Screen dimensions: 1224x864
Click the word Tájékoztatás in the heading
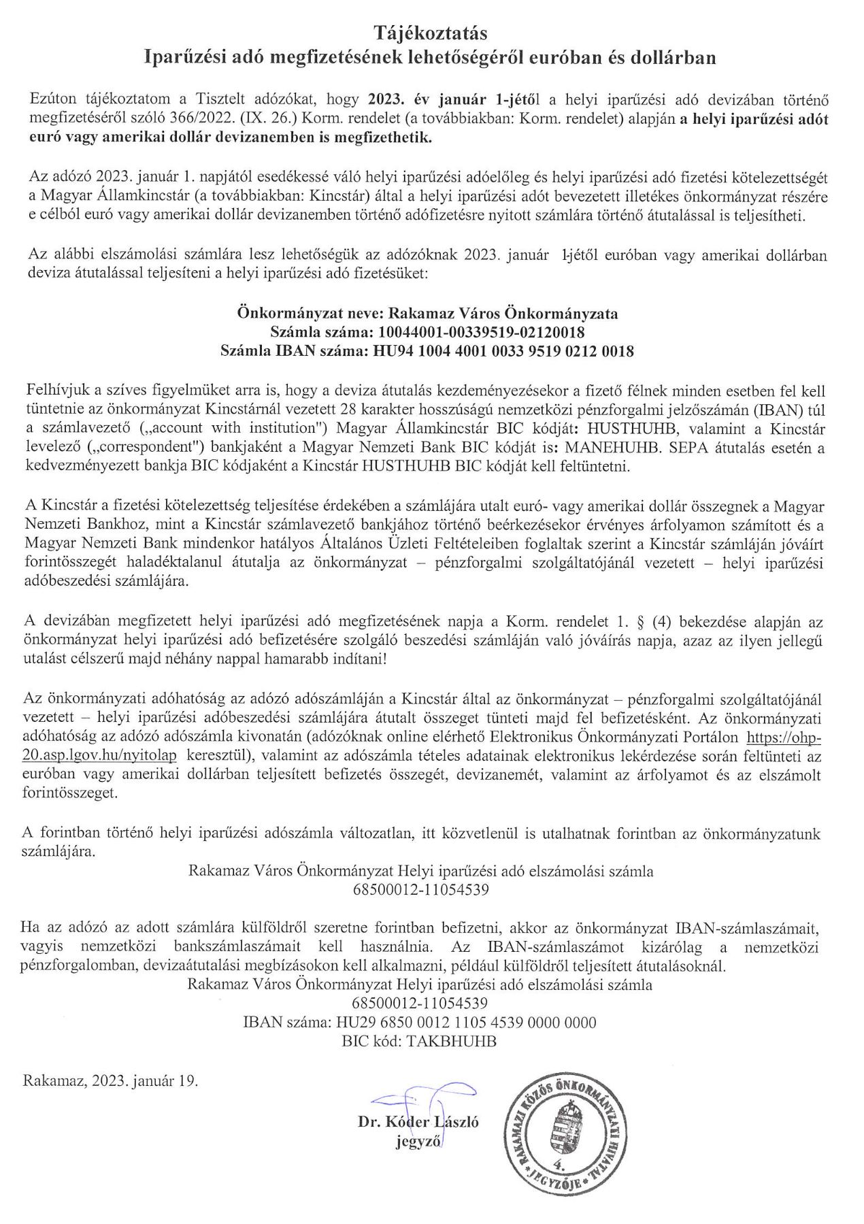(431, 32)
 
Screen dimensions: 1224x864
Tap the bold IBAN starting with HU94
(501, 351)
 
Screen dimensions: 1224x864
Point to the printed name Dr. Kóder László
(418, 1123)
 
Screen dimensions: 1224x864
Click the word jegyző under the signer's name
(418, 1142)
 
